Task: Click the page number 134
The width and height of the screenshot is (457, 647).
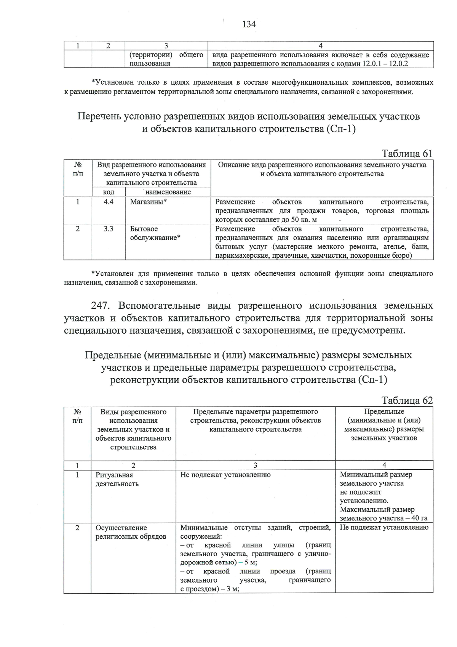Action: tap(249, 24)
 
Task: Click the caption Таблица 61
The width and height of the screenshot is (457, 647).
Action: tap(407, 154)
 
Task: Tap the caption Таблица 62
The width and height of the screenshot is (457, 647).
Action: tap(407, 400)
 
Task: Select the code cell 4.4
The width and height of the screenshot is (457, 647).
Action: tap(109, 202)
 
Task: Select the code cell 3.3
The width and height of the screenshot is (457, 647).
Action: tap(109, 229)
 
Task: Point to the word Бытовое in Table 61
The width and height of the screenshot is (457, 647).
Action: tap(144, 229)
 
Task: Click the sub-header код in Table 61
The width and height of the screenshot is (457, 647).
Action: tap(109, 192)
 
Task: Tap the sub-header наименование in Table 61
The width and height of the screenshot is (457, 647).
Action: tap(168, 192)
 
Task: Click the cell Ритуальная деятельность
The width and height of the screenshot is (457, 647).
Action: tap(117, 479)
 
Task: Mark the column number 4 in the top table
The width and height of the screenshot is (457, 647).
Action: tap(320, 46)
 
